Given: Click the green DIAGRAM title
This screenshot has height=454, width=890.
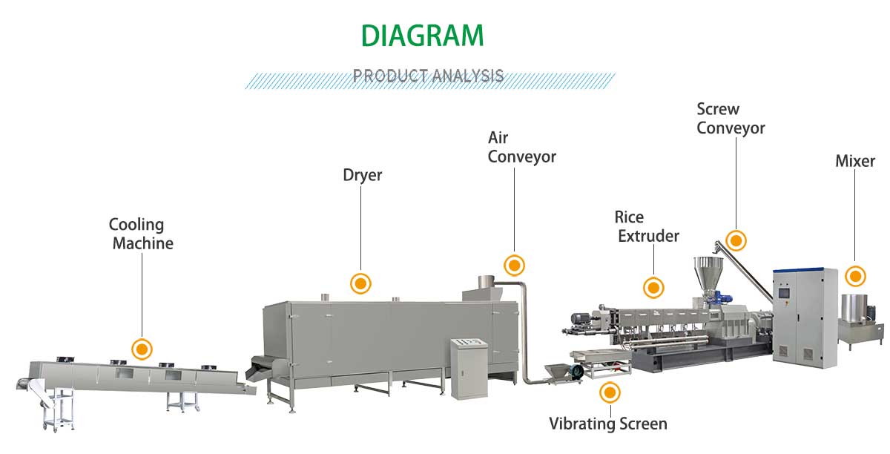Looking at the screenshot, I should [x=422, y=35].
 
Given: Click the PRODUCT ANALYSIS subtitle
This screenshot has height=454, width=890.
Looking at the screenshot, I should [x=429, y=76].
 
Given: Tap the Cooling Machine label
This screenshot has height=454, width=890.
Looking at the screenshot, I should [x=140, y=234].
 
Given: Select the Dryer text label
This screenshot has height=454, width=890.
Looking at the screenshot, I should [x=362, y=176].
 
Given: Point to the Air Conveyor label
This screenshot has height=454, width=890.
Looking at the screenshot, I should [x=521, y=147].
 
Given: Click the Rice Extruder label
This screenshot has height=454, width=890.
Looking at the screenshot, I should [x=647, y=226].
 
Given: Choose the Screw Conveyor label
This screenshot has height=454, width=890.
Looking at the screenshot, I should [x=731, y=119].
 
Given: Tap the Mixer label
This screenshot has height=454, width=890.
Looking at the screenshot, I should [x=855, y=161].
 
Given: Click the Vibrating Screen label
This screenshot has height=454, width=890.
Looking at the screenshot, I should [x=608, y=424].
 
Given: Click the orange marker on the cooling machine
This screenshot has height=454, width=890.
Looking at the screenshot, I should [x=141, y=348].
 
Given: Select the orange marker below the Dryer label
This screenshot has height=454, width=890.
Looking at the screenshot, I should [x=360, y=282].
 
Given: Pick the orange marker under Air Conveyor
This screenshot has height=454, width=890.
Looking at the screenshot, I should [x=514, y=265].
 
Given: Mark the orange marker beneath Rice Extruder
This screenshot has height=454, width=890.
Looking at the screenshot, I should [x=653, y=287].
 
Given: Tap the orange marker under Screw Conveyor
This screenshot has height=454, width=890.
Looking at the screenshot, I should [x=736, y=240].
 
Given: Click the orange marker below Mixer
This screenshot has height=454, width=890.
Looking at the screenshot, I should [x=856, y=277].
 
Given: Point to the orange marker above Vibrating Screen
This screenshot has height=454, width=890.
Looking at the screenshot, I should [x=610, y=391].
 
